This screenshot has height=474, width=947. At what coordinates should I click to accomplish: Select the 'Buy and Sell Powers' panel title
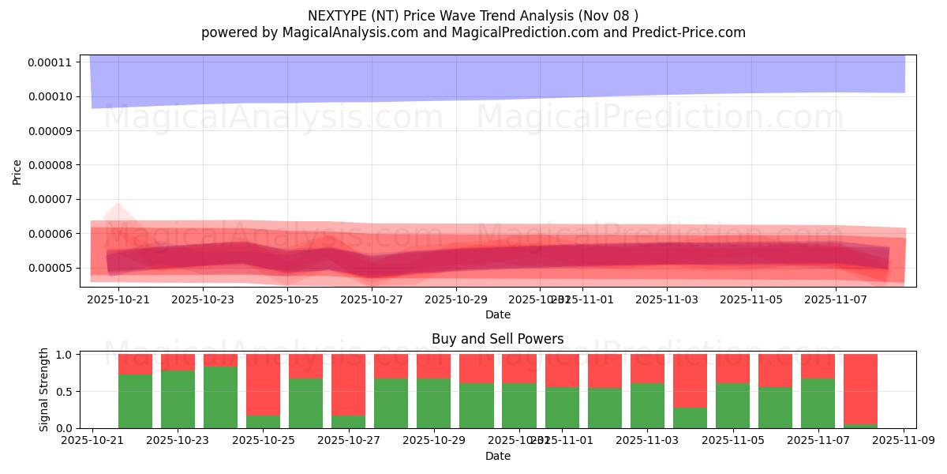coord(497,339)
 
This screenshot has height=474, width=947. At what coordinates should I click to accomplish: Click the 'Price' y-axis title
coord(17,171)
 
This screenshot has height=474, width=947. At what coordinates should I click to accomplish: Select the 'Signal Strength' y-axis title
coord(44,389)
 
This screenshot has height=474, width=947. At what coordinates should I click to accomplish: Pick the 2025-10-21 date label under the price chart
coord(118,299)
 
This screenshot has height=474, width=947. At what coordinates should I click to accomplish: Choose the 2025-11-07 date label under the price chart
coord(836,299)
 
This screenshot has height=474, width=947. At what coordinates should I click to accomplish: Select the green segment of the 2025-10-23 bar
coord(178,399)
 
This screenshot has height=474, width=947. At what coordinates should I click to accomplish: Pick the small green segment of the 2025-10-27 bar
coord(348,422)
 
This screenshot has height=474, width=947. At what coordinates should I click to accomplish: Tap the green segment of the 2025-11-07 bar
coord(818,403)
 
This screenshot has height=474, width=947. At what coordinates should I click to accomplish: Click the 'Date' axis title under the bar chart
coord(497,456)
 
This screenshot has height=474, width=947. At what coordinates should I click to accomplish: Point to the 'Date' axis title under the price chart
coord(497,314)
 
